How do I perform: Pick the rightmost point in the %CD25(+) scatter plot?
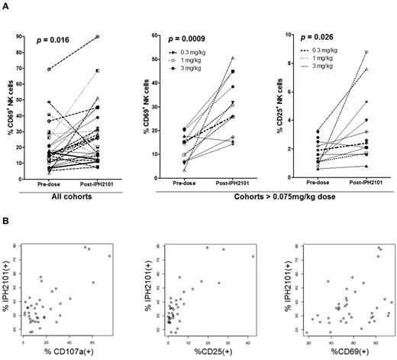pyautogui.click(x=253, y=256)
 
